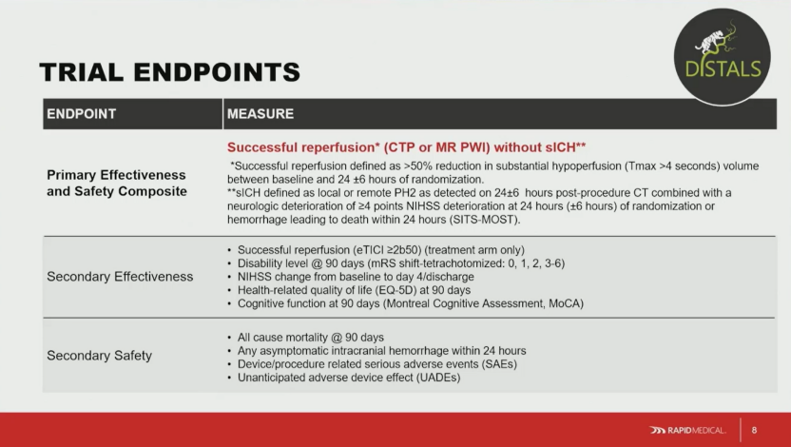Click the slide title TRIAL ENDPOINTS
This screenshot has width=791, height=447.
point(169,72)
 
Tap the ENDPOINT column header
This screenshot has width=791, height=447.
point(81,114)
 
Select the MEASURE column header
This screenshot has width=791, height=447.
point(260,114)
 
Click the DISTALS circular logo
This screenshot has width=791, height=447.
point(722,56)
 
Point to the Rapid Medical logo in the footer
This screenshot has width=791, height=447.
point(687,430)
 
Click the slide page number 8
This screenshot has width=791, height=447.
point(754,430)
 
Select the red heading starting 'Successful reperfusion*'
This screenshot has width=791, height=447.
point(406,147)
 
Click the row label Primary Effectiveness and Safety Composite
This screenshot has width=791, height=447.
point(117,184)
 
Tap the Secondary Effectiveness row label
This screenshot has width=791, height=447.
point(120,277)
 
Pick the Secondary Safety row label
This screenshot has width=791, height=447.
point(100,356)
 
